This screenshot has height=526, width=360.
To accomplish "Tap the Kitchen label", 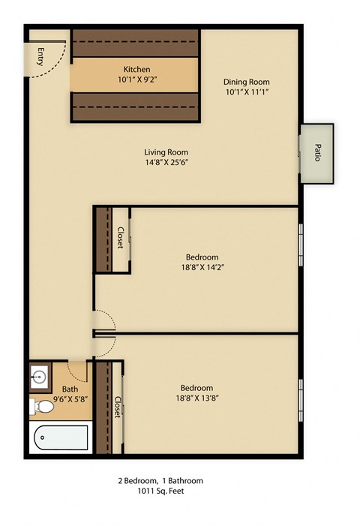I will click(136, 69).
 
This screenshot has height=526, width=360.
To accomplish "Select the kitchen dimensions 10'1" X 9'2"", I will click(137, 79).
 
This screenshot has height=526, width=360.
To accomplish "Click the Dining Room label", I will click(247, 82).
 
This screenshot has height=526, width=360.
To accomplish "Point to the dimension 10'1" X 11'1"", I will click(247, 92).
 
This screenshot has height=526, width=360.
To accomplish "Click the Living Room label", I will click(165, 152).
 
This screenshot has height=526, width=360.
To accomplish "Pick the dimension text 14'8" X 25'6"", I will click(165, 163).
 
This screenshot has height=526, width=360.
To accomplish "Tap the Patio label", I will click(317, 153).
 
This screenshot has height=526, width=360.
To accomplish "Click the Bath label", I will click(70, 389).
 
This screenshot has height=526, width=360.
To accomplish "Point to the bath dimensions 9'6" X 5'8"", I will click(70, 398).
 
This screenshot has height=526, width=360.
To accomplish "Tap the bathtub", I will click(60, 437).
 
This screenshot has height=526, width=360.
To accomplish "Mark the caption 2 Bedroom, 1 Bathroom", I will click(160, 481).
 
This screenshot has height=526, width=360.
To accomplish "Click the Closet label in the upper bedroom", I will click(120, 238).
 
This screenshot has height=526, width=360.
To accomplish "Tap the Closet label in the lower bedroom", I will click(118, 407).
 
